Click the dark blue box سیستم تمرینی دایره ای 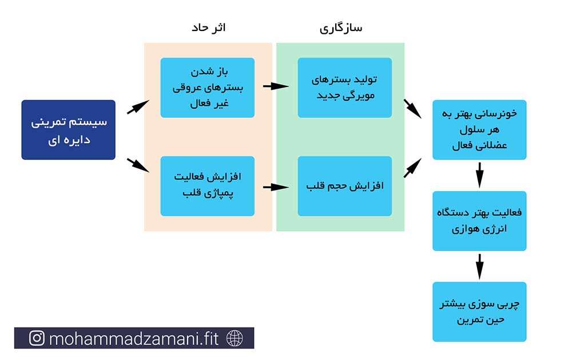tap(68, 129)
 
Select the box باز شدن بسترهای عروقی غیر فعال tap(207, 88)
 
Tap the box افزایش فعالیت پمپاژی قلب tap(207, 186)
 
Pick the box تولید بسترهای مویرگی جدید tap(345, 88)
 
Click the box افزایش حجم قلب tap(345, 186)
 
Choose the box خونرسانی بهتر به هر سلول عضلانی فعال tap(479, 129)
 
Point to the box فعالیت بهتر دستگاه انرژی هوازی tap(479, 221)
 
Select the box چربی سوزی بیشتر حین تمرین tap(479, 312)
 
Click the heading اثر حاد tap(209, 27)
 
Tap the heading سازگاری tap(341, 28)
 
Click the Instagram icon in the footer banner tap(37, 338)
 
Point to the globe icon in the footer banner tap(235, 338)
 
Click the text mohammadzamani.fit tap(133, 338)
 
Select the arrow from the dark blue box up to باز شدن tap(138, 106)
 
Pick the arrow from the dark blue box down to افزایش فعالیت tap(138, 165)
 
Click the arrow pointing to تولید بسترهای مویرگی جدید tap(276, 86)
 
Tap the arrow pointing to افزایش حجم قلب tap(276, 187)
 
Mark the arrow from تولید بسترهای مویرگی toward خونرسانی tap(412, 109)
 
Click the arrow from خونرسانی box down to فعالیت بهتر tap(480, 175)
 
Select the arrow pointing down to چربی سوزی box tap(480, 267)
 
